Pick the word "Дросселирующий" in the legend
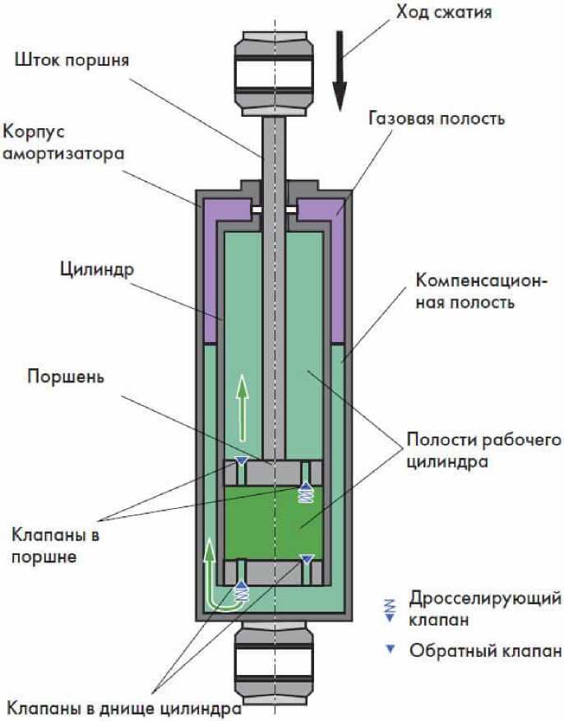(485, 596)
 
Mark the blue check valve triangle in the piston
(241, 460)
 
